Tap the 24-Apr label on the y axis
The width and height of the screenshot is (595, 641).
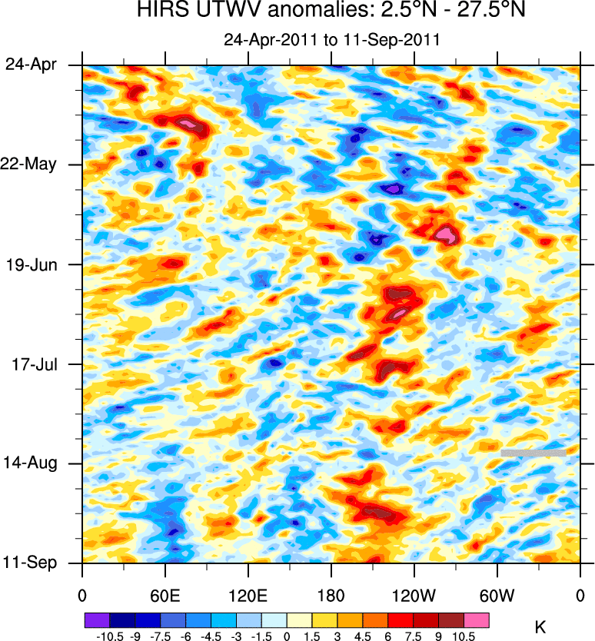coord(31,65)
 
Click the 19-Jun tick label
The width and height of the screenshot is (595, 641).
coord(31,264)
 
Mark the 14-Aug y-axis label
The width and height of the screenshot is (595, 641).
coord(30,463)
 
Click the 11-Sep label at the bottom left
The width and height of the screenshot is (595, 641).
coord(31,563)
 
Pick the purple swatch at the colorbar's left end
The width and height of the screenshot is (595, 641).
coord(97,619)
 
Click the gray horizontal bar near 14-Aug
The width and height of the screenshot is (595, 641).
coord(534,453)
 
